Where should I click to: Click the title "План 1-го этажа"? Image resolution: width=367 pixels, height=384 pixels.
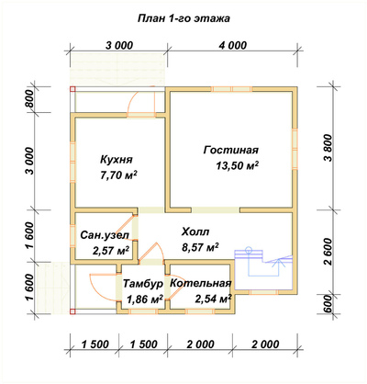[183, 18]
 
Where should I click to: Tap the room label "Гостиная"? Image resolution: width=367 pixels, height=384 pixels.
[231, 150]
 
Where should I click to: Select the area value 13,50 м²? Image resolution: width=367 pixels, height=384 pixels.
[238, 165]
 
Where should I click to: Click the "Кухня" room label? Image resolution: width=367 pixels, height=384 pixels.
[117, 160]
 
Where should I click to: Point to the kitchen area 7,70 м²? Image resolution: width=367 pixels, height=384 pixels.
[118, 175]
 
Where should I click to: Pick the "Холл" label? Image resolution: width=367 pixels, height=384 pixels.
[195, 232]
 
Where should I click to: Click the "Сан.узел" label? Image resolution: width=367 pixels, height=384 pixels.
[105, 235]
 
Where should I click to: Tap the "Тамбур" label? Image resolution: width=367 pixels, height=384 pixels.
[143, 284]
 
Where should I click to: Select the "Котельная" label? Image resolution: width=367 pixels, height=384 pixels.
[200, 284]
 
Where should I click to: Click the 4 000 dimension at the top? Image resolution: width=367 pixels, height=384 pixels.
[232, 45]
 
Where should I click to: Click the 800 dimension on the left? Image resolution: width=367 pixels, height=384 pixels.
[29, 99]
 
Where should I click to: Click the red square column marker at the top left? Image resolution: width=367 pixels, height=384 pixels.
[72, 89]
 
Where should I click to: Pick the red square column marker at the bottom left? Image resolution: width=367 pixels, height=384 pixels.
[72, 311]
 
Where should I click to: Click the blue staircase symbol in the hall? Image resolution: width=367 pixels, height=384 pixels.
[263, 262]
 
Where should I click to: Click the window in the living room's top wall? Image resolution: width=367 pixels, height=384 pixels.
[232, 89]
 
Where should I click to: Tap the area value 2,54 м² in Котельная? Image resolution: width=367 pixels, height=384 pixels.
[213, 299]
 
